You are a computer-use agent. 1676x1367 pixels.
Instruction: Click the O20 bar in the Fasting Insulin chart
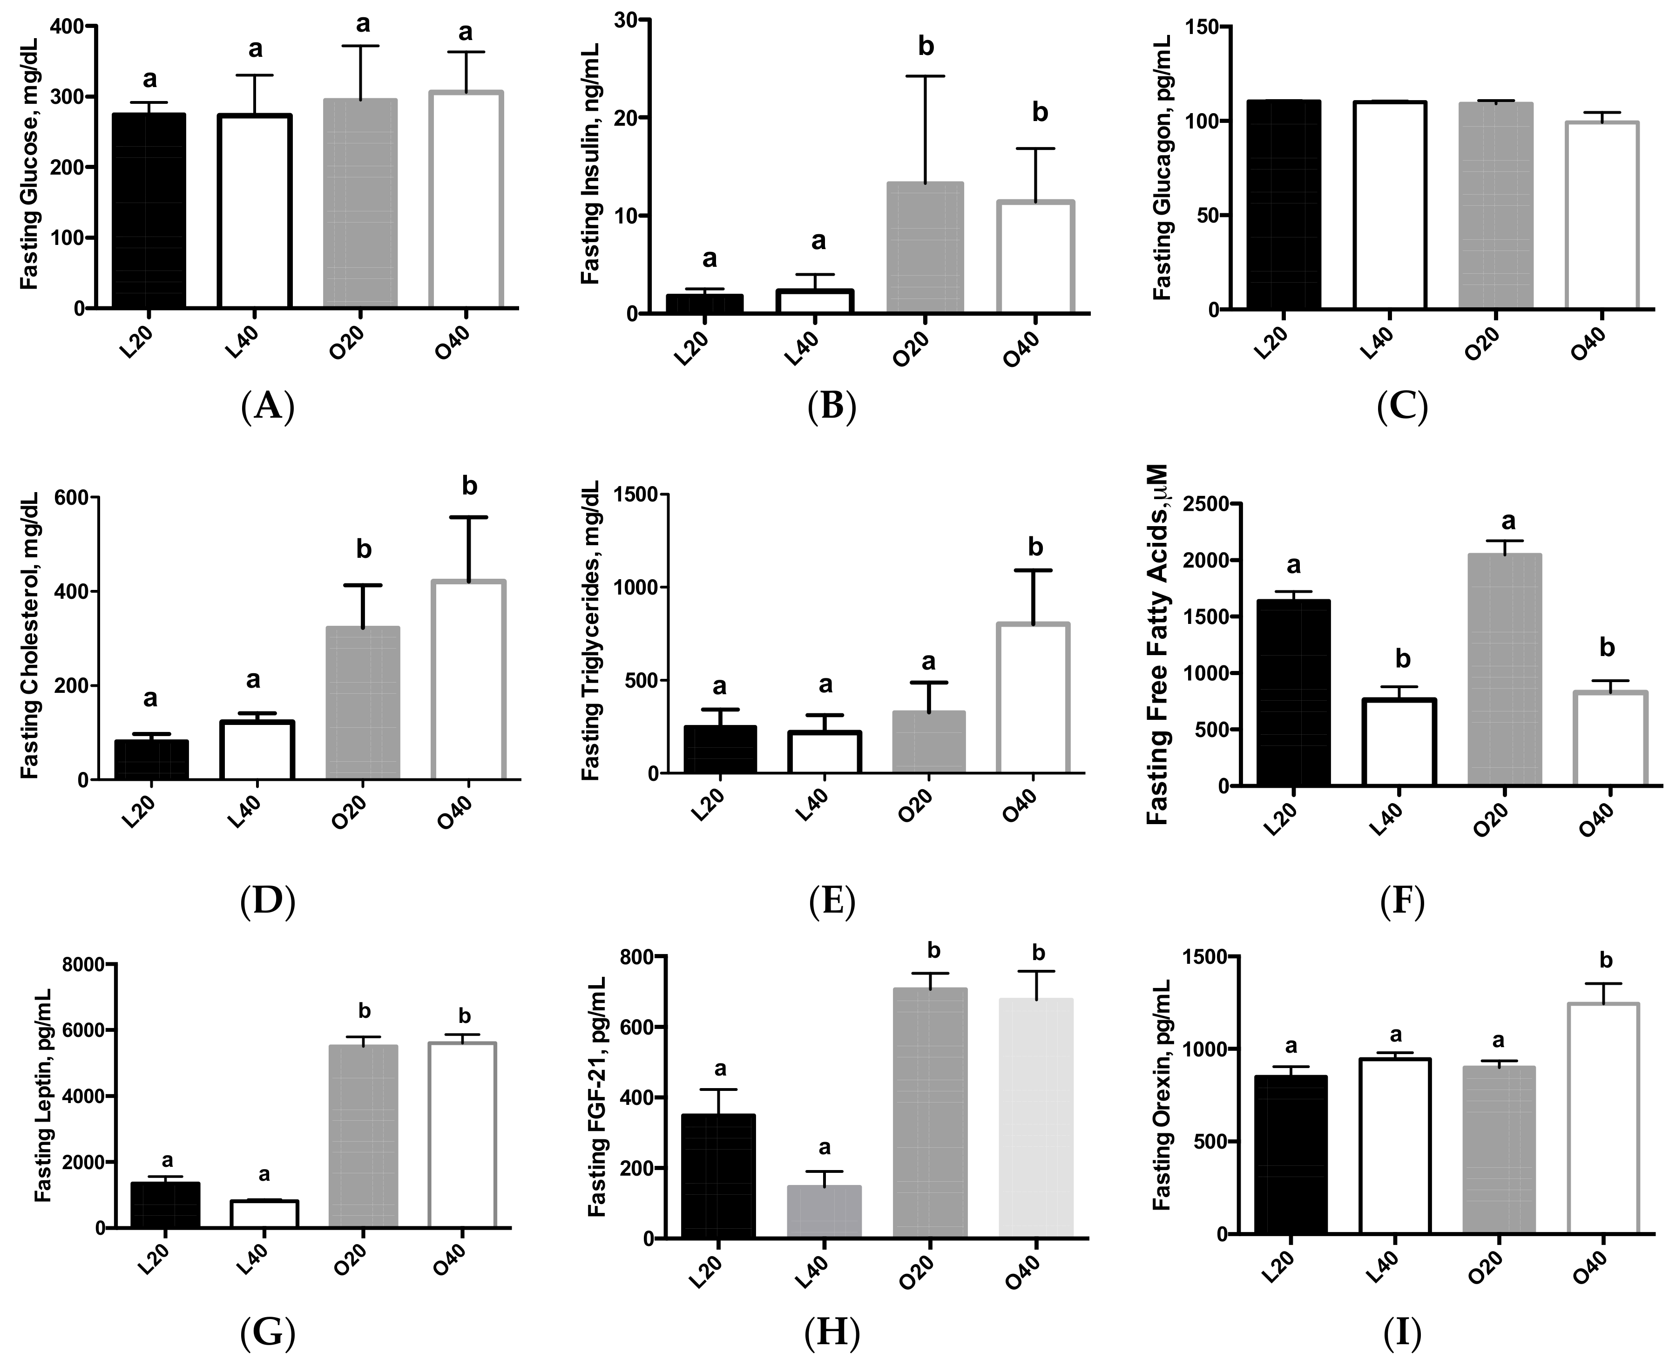(925, 248)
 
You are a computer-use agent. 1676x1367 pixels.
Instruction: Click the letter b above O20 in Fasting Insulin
(926, 47)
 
